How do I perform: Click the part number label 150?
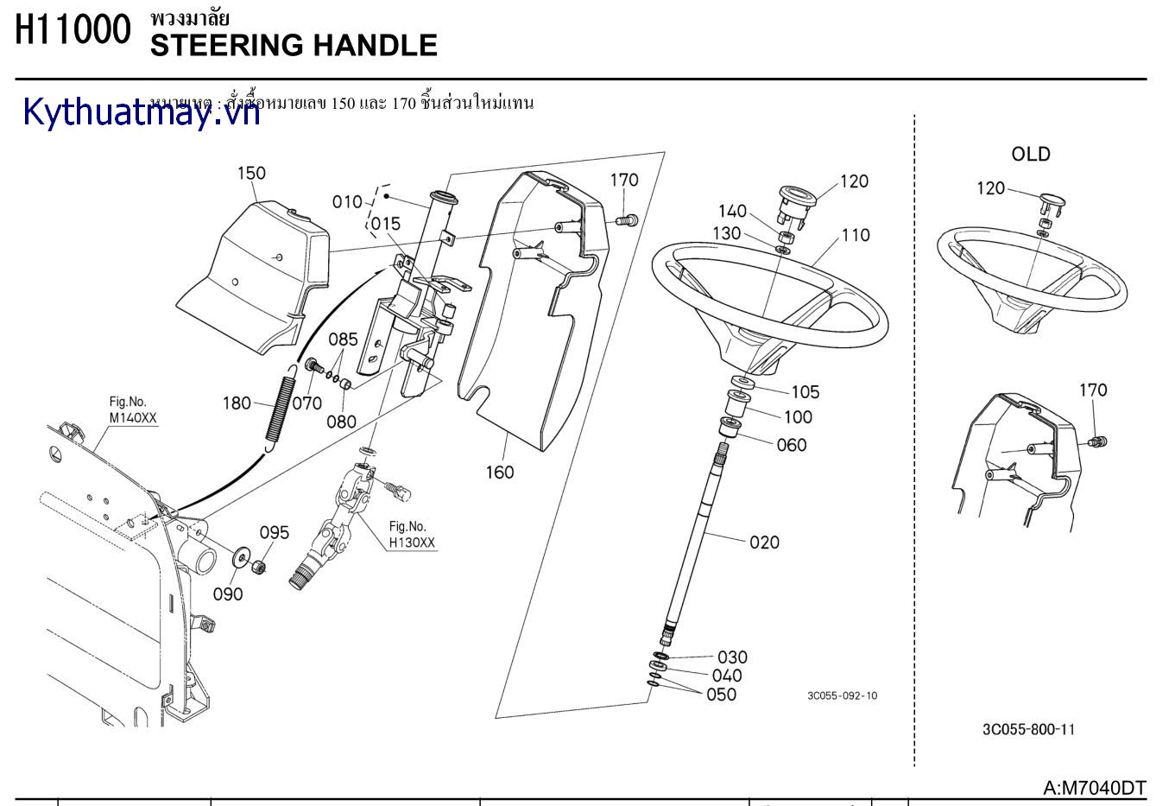(251, 173)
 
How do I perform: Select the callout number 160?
(499, 472)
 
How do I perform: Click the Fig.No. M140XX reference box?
(133, 409)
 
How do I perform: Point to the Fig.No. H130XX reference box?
(412, 535)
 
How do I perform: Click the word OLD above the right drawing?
(1031, 154)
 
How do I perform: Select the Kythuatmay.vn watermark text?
(142, 112)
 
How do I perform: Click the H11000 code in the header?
(73, 30)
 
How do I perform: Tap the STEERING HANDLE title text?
(294, 46)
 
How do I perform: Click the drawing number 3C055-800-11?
(1028, 729)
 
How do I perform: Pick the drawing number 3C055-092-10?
(842, 695)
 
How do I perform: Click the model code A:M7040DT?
(1094, 787)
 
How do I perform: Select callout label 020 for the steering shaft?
(764, 543)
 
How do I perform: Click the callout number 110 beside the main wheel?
(855, 235)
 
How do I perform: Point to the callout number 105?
(805, 392)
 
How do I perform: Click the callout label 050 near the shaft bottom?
(721, 695)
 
